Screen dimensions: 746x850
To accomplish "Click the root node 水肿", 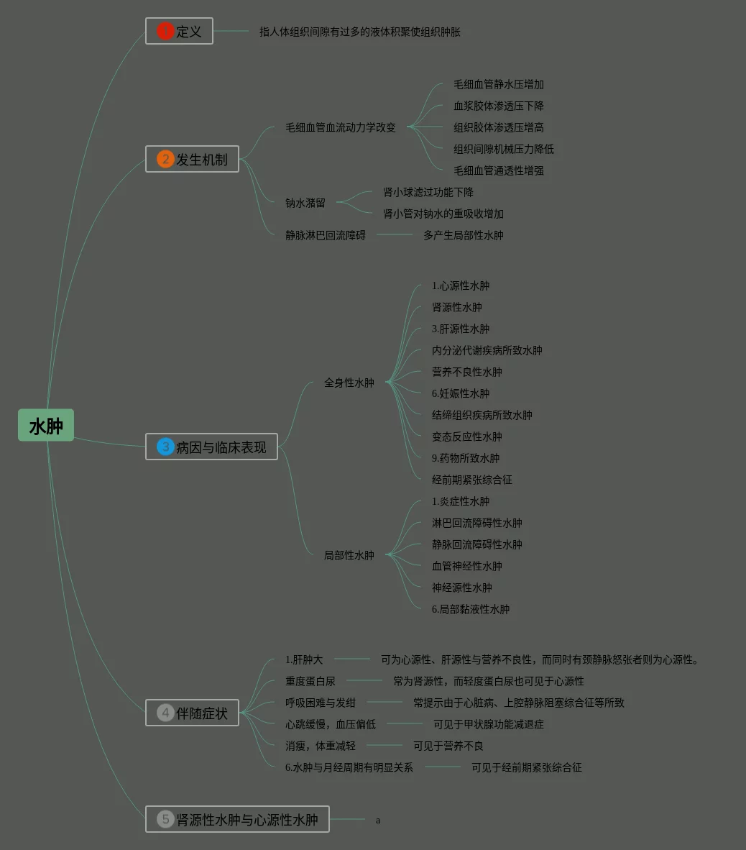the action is (x=46, y=426).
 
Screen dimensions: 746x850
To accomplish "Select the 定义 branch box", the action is (x=180, y=32).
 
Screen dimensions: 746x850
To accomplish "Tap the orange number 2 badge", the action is (x=165, y=159).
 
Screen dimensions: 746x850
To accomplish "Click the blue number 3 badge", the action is (x=165, y=447).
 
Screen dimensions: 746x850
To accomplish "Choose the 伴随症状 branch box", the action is (x=193, y=713).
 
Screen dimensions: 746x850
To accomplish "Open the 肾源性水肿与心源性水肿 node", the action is (x=238, y=819).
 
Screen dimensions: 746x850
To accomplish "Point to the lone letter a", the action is (x=378, y=821).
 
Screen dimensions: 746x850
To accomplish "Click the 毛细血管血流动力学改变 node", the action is (x=341, y=127).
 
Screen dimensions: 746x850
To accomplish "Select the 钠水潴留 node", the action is (x=305, y=203).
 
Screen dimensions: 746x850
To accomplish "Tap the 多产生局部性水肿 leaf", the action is (x=464, y=235).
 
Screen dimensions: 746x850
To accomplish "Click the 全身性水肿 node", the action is (x=349, y=383).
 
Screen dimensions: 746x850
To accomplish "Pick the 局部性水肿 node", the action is (x=349, y=555).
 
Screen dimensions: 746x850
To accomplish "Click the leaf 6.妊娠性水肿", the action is (x=461, y=393).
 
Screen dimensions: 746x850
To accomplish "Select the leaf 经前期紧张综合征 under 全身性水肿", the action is (x=472, y=480).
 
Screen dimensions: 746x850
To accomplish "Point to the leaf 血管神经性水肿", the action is (x=467, y=566).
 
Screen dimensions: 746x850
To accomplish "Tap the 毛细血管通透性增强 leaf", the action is (x=499, y=170).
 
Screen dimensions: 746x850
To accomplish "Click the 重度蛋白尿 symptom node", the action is (x=310, y=681).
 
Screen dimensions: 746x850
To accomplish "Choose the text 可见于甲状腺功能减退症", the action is (x=489, y=724).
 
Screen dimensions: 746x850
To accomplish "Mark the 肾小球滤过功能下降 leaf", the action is (x=428, y=192).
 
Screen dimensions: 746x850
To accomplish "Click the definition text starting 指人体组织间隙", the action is (x=360, y=32).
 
